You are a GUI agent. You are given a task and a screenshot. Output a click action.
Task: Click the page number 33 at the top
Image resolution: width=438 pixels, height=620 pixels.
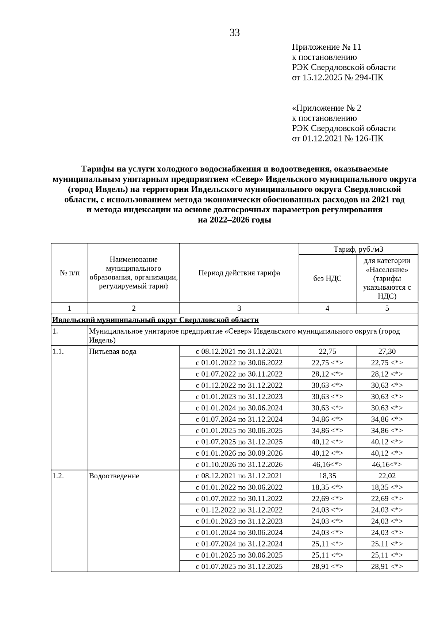pos(235,33)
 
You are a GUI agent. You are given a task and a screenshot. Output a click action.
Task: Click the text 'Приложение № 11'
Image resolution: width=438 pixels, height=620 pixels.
pos(326,47)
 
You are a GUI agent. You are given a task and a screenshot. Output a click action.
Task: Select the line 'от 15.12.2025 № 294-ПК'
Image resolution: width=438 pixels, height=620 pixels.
pos(338,77)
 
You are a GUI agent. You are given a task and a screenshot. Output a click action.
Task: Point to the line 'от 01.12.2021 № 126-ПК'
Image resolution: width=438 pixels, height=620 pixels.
pos(338,138)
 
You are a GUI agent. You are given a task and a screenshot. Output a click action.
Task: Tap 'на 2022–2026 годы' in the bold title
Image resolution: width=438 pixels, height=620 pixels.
pos(234,220)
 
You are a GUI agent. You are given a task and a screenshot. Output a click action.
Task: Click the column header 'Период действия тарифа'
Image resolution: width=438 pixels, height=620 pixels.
pos(239,273)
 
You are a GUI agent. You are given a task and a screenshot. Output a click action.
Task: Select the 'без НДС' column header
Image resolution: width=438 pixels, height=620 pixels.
pos(327,278)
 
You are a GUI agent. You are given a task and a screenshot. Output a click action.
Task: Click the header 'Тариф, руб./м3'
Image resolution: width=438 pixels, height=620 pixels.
pos(358,249)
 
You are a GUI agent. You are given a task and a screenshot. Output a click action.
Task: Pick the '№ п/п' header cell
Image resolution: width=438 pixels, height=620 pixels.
pos(69,273)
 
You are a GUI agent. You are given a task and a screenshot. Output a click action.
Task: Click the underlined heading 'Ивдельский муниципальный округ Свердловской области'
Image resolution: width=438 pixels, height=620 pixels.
pos(155,320)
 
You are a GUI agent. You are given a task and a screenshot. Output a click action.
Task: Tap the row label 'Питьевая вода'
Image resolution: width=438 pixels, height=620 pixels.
pos(113,351)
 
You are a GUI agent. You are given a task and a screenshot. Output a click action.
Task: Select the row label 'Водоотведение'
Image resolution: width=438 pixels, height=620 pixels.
pos(114,476)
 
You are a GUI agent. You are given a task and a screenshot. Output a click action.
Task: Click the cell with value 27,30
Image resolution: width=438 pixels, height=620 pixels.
pos(387,351)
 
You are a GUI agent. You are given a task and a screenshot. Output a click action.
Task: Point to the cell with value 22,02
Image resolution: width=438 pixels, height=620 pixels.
pos(387,476)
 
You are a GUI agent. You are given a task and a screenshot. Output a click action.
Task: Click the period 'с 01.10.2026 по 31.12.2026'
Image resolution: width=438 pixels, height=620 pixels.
pos(239,465)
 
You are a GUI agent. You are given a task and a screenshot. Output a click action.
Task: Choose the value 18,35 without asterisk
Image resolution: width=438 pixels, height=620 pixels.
pos(327,476)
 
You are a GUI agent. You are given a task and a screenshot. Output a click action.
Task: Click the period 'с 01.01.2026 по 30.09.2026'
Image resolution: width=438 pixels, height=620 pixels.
pos(239,453)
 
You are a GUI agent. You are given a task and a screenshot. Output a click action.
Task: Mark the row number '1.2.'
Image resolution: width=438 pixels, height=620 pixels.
pos(58,476)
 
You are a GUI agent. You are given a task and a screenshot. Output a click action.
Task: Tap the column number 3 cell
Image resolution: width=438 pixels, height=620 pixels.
pos(239,308)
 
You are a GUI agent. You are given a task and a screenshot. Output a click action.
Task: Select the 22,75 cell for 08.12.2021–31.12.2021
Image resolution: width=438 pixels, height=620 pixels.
pos(327,351)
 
